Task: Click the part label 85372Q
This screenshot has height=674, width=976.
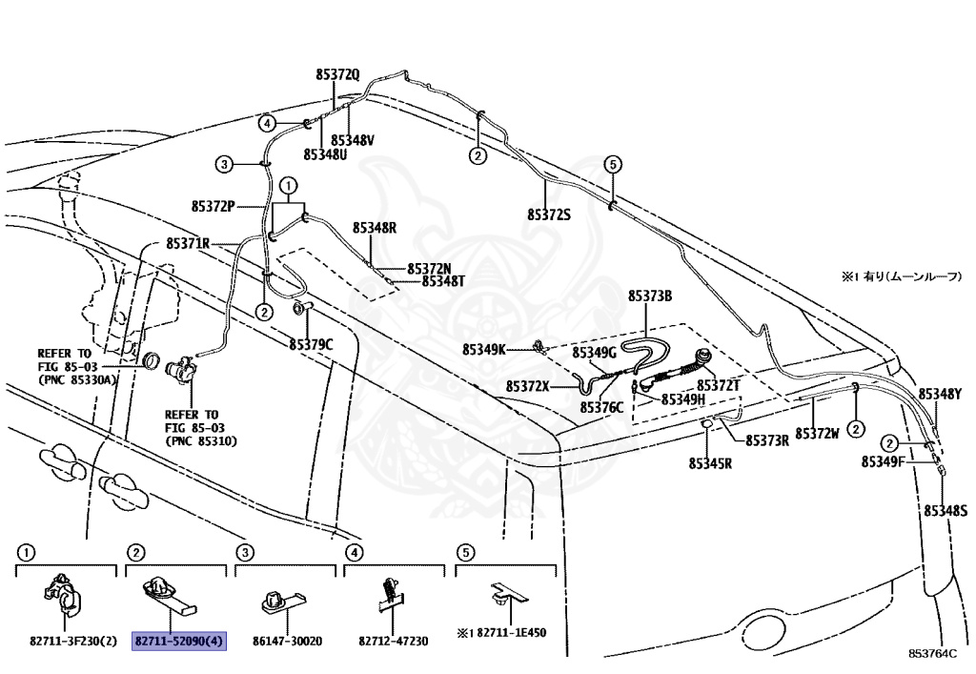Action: [x=338, y=74]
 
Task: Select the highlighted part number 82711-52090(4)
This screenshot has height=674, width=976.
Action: [x=178, y=642]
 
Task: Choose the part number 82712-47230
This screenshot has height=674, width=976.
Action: [x=395, y=642]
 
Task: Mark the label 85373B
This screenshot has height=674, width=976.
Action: [x=650, y=296]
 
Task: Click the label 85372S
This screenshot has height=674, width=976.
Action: [x=549, y=215]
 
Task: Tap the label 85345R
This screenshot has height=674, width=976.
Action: [x=710, y=463]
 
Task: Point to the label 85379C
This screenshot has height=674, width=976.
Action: [x=313, y=343]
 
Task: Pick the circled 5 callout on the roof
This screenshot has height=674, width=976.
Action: [x=612, y=164]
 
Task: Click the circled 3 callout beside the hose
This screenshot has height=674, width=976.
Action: [x=223, y=164]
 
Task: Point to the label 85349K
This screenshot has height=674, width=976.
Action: [x=484, y=350]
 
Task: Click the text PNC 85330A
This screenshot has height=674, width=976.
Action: [x=78, y=378]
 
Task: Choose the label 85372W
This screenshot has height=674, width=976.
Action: [x=817, y=434]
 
